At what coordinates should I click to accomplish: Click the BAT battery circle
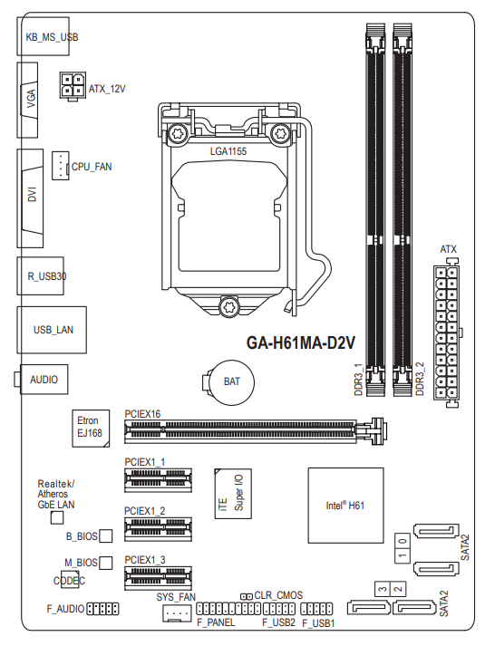(x=231, y=382)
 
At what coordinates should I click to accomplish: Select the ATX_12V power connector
(x=73, y=85)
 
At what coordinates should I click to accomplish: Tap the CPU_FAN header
(x=60, y=165)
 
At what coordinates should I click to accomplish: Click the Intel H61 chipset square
(x=345, y=505)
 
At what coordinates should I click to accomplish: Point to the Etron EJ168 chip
(x=91, y=428)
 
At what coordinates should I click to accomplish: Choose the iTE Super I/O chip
(x=233, y=493)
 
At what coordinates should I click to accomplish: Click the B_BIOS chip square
(x=106, y=535)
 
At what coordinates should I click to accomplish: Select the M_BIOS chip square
(x=106, y=563)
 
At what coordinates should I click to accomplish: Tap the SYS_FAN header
(x=177, y=613)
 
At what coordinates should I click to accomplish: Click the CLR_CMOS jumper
(x=247, y=596)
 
